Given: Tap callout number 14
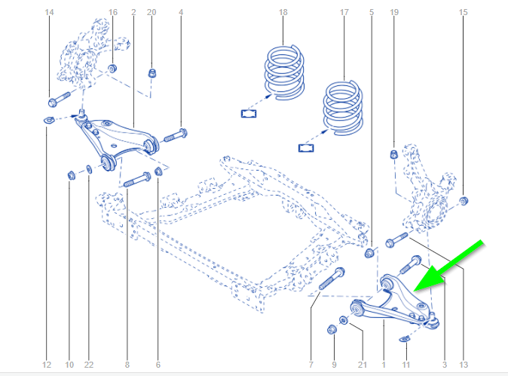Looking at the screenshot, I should pos(50,13).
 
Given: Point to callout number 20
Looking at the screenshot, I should pos(151,13).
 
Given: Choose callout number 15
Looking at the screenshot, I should pos(464,13).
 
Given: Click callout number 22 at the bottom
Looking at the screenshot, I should pos(89,365).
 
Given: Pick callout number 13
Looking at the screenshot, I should pos(464,365).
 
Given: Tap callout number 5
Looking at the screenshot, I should pos(371,13).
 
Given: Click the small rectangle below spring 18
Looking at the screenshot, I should pos(249,114).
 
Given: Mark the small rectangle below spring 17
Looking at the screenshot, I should pos(305,146).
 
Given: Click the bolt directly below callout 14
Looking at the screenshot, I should pos(59,99).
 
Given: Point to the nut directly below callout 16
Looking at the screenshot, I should pos(113,69).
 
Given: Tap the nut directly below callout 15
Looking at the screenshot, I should pos(464,200).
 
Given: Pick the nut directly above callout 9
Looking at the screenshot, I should pos(331,329).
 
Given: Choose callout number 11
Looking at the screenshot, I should pos(407,365).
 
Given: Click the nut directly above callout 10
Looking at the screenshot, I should pos(71,176).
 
